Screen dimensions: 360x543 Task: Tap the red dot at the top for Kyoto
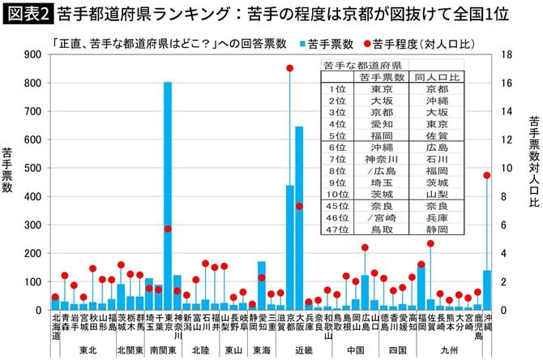[x=289, y=68]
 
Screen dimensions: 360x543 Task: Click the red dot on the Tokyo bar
[x=168, y=229]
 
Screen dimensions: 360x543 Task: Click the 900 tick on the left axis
[x=32, y=54]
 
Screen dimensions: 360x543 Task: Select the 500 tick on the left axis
[x=32, y=168]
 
